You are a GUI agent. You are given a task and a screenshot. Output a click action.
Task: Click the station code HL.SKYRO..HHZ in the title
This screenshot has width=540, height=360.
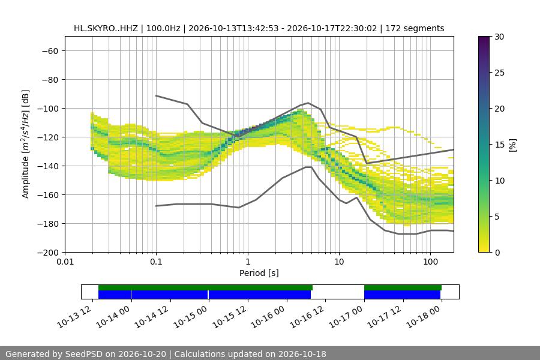[106, 28]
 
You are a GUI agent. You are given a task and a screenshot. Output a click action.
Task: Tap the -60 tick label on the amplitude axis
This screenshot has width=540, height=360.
[50, 51]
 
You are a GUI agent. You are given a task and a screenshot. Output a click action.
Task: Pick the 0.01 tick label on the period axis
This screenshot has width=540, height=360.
[65, 262]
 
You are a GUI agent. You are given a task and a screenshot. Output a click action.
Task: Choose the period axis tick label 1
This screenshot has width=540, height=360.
[248, 262]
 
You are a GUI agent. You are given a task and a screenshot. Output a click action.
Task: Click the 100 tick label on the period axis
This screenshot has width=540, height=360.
[430, 262]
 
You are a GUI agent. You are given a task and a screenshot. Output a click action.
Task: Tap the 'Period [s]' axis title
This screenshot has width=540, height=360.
[259, 273]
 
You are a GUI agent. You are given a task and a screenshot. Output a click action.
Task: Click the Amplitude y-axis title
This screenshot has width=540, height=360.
[26, 144]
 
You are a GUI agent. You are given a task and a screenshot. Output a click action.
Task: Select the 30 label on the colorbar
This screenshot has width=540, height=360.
[499, 37]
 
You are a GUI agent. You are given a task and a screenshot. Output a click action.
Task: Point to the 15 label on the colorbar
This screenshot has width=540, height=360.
[499, 145]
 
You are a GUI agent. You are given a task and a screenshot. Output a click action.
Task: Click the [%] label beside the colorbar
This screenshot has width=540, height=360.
[513, 145]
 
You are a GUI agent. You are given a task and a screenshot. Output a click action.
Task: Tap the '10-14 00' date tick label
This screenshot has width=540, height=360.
[113, 316]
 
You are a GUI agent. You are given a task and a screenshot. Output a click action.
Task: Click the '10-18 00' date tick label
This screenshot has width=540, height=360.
[424, 316]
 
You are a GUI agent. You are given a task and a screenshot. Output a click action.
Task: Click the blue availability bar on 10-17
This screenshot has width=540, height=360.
[402, 295]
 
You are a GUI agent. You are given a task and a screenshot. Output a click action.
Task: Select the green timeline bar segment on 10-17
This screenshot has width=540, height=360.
[403, 287]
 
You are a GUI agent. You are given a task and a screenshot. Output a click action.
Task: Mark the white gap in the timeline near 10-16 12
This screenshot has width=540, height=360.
[338, 292]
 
